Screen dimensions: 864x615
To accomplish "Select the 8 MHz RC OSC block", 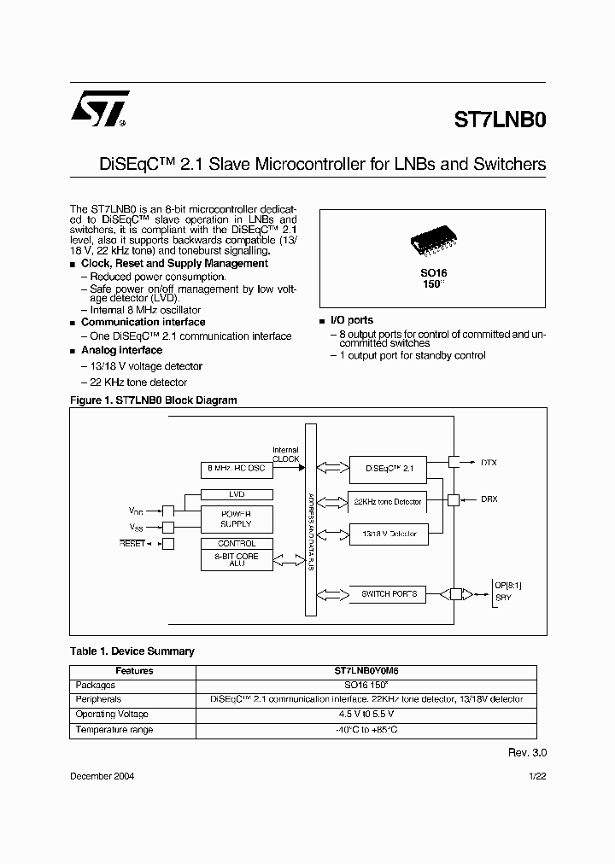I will pyautogui.click(x=237, y=470).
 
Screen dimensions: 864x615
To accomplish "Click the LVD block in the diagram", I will pyautogui.click(x=237, y=494).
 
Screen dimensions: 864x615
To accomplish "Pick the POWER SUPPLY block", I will pyautogui.click(x=237, y=517).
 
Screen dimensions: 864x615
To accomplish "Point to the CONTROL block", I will pyautogui.click(x=237, y=543).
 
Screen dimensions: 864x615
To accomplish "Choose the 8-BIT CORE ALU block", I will pyautogui.click(x=237, y=560).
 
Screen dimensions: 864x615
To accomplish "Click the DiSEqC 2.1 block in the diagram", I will pyautogui.click(x=388, y=468).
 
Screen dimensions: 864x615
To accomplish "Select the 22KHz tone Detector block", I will pyautogui.click(x=388, y=502).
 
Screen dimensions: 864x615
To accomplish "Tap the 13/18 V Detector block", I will pyautogui.click(x=388, y=534).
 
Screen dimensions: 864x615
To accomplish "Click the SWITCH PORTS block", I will pyautogui.click(x=388, y=593).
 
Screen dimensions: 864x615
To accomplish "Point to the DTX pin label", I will pyautogui.click(x=490, y=462).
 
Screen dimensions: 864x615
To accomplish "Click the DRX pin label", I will pyautogui.click(x=490, y=499).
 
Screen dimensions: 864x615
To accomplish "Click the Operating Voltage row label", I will pyautogui.click(x=112, y=714).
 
